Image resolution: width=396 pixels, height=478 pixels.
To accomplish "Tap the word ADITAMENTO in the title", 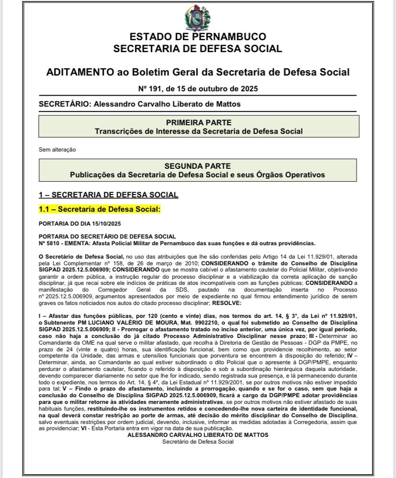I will (x=79, y=72).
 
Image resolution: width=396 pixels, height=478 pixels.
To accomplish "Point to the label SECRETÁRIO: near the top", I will (x=63, y=104).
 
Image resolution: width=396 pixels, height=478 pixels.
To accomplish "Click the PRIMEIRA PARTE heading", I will (x=198, y=122).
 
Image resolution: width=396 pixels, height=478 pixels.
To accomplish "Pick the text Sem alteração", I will (x=57, y=150).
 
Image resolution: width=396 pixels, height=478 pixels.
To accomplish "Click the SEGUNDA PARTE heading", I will (x=198, y=166).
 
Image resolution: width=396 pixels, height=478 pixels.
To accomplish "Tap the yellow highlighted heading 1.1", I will (x=99, y=209).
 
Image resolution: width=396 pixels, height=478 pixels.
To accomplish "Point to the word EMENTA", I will (x=79, y=242).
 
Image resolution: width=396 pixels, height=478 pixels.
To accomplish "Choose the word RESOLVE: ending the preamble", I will (x=228, y=303).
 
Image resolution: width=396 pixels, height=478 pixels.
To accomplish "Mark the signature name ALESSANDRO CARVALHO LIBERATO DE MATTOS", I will (x=198, y=435).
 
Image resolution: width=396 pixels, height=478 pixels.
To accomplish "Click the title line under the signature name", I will (x=198, y=442).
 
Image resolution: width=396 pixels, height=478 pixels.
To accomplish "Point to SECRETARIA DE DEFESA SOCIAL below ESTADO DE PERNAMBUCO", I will (x=198, y=48).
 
